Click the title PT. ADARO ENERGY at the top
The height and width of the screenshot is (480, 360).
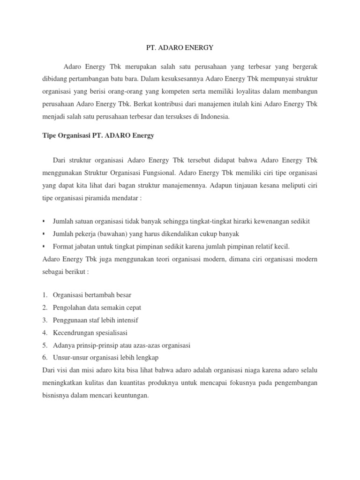click(x=180, y=47)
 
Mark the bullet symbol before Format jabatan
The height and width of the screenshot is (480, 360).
click(x=44, y=246)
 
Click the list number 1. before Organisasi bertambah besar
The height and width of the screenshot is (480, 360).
click(x=45, y=295)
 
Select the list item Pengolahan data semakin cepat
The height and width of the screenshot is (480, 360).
click(x=97, y=307)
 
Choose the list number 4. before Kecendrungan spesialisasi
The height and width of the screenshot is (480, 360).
click(x=45, y=333)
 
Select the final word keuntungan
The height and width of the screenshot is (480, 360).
click(x=133, y=396)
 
